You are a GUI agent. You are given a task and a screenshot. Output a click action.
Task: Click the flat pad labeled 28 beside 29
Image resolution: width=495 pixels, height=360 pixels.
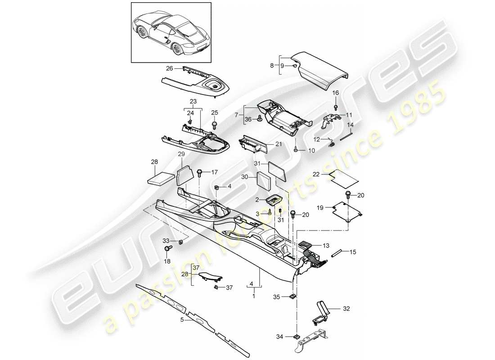(161, 177)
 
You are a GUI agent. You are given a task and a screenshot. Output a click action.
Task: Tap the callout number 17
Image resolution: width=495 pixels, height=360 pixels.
(214, 172)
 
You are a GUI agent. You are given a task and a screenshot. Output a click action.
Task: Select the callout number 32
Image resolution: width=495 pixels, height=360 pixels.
(346, 310)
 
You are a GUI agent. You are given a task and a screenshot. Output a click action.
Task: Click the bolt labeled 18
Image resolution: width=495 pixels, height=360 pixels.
(169, 248)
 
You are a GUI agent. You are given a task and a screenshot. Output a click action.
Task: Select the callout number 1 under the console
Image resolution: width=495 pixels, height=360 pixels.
(254, 297)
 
